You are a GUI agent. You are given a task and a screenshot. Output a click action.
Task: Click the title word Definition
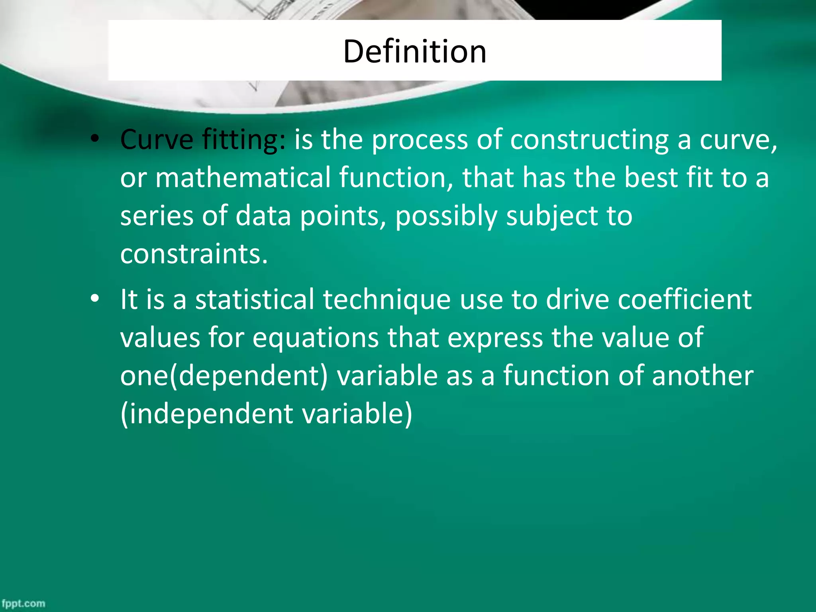point(414,51)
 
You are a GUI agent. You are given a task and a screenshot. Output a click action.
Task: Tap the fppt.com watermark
point(23,603)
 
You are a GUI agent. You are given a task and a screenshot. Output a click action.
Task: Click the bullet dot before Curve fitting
point(94,139)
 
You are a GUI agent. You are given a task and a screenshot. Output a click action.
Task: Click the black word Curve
point(157,140)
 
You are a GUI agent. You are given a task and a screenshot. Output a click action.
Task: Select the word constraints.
point(194,254)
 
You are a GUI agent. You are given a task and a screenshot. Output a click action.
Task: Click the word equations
point(316,338)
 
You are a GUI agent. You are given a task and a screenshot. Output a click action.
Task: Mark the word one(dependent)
point(224,376)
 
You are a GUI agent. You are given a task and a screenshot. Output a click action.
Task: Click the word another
point(702,376)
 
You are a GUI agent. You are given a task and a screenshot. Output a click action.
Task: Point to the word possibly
point(446,216)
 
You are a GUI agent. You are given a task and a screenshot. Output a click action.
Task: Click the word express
point(495,338)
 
